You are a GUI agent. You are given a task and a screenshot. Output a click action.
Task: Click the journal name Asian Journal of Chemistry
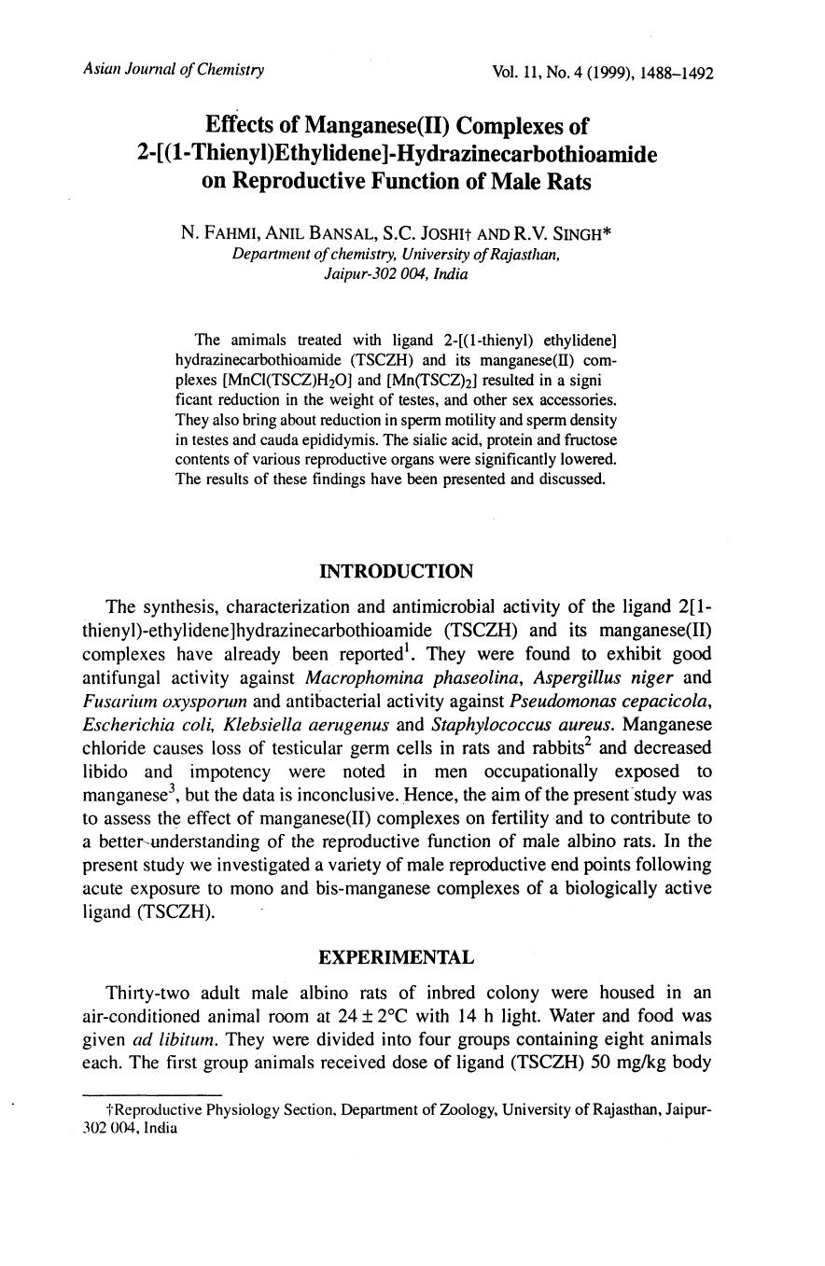(173, 70)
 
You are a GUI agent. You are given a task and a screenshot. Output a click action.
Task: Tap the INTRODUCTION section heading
(396, 571)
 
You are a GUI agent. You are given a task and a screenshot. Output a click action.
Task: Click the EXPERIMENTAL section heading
(396, 957)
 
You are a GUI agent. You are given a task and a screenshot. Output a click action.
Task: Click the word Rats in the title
(566, 182)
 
